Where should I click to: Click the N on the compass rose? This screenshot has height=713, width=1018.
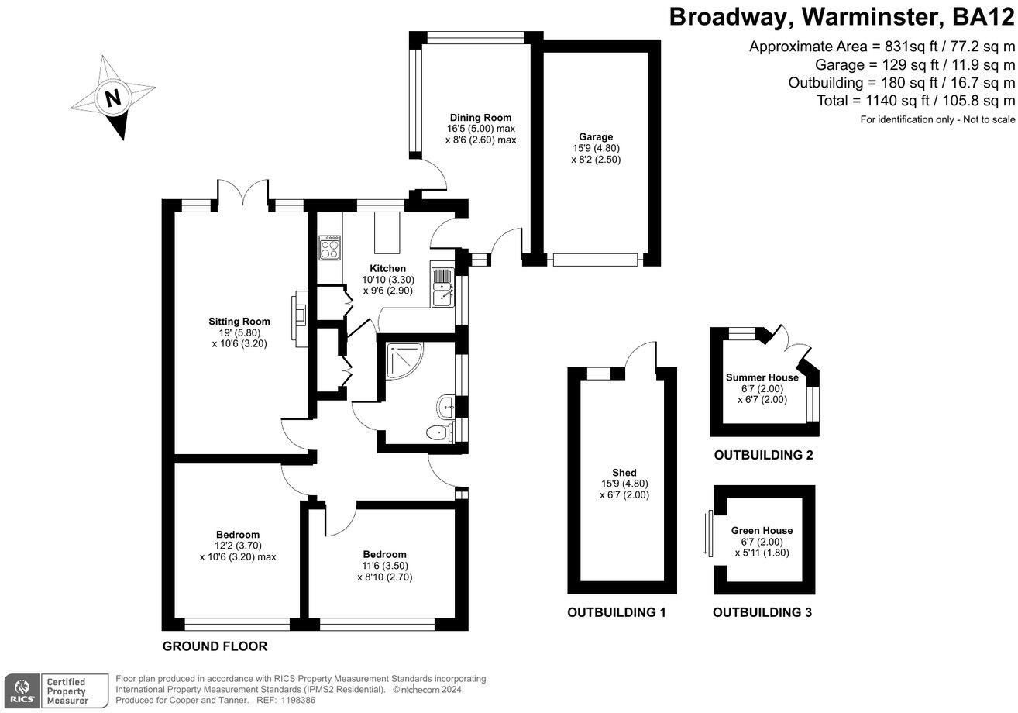(114, 98)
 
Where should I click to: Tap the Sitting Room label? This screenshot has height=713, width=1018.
(239, 322)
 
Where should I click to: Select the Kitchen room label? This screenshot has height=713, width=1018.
(387, 268)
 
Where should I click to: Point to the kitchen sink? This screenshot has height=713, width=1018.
(442, 286)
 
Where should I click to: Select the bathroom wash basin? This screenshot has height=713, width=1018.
(445, 405)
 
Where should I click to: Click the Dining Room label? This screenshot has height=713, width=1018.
(480, 118)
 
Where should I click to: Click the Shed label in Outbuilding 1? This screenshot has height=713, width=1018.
(624, 473)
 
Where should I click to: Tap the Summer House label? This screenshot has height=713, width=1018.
(762, 377)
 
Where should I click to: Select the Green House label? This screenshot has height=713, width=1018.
(762, 531)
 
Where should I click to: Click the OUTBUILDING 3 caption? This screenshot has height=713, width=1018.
(762, 612)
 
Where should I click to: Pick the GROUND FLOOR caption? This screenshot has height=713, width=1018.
(215, 646)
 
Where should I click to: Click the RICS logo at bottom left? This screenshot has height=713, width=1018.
(21, 690)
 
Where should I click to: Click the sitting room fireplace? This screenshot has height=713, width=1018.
(299, 309)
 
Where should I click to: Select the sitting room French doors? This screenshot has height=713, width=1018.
(243, 192)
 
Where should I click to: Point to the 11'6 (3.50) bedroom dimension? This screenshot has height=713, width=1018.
(384, 566)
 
